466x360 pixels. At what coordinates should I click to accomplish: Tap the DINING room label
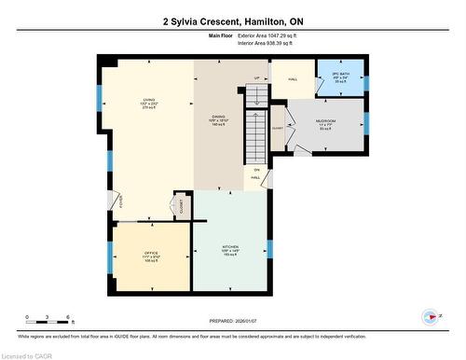[219, 120]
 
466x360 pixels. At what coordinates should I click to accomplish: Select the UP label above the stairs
[256, 77]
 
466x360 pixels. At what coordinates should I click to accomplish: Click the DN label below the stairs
[256, 169]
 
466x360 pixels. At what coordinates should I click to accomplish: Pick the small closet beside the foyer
[179, 207]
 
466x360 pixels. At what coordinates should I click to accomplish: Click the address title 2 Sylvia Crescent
[232, 21]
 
